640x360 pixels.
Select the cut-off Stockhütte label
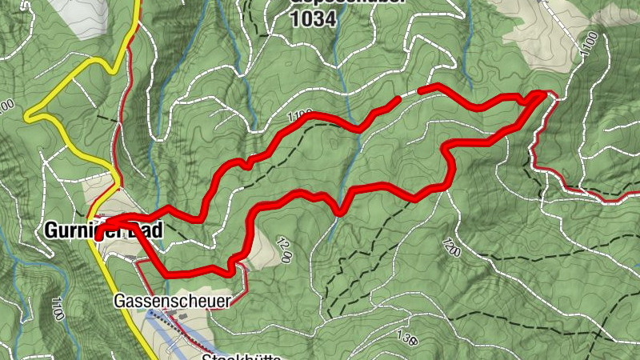(240, 357)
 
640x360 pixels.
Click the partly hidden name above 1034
(344, 2)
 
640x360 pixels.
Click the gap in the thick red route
(410, 94)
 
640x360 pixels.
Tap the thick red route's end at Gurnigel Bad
(97, 237)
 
